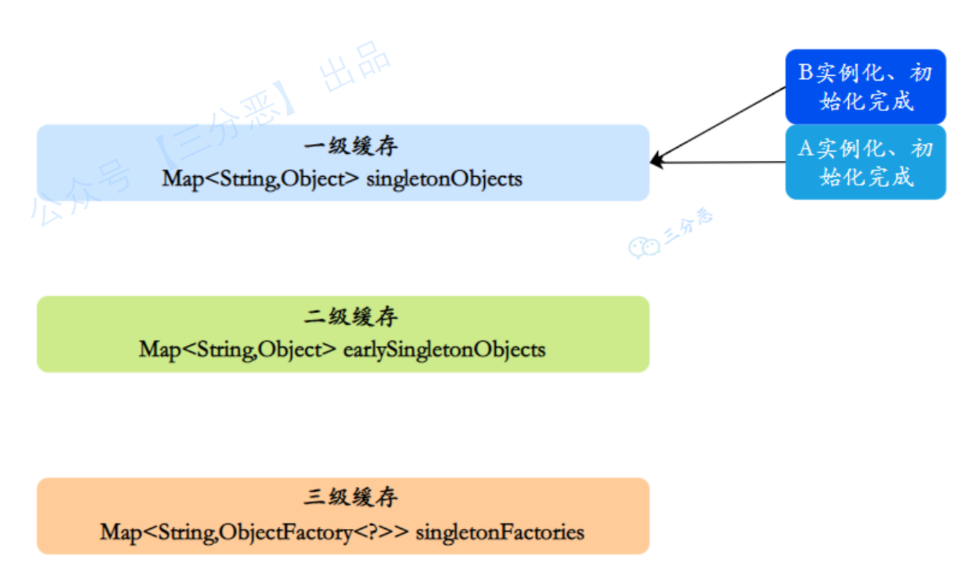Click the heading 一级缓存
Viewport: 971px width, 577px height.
(x=351, y=146)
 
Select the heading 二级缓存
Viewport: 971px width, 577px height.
(x=351, y=317)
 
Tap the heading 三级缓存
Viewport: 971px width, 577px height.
(x=351, y=497)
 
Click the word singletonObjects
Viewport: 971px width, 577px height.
(x=444, y=179)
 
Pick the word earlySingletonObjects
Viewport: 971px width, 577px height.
(x=444, y=350)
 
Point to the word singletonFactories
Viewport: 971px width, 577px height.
(x=500, y=532)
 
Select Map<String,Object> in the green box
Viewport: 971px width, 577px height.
(x=237, y=350)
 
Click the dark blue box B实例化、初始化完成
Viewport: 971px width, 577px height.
(x=865, y=87)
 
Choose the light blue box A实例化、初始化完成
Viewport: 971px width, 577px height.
(x=865, y=162)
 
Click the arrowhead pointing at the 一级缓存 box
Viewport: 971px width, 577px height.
(x=657, y=160)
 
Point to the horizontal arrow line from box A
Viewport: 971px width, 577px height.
(x=725, y=162)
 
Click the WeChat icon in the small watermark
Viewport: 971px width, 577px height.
(x=643, y=247)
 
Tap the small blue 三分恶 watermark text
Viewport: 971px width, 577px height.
(x=688, y=226)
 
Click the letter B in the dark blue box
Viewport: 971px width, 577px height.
(x=805, y=72)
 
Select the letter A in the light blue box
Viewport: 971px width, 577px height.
(x=805, y=149)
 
